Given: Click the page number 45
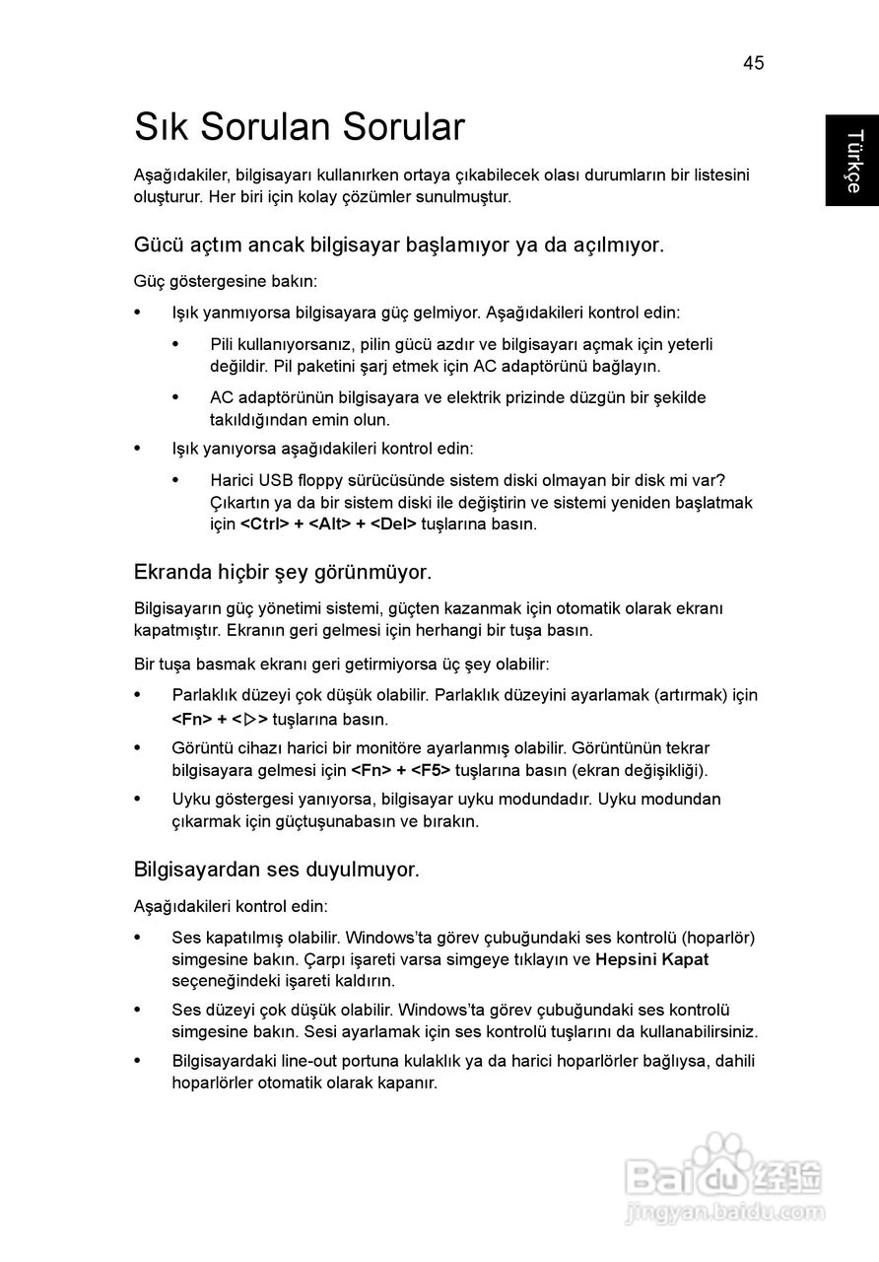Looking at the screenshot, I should (x=753, y=63).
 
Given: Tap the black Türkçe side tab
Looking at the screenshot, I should (x=851, y=160).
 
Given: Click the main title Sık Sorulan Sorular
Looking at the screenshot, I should (x=300, y=128).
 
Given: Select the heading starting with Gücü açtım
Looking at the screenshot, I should (x=399, y=245).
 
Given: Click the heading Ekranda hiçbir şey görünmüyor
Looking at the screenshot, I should (x=282, y=572).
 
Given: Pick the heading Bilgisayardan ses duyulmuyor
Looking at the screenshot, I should (x=277, y=870).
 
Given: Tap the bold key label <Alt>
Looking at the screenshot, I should (x=330, y=524).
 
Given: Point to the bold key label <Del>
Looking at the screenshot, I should (x=393, y=524).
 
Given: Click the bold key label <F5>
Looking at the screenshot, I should (x=431, y=770).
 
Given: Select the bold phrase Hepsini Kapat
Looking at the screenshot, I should (x=652, y=959).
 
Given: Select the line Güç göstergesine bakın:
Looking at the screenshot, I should (x=226, y=281).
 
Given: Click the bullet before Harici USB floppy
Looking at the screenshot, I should (x=176, y=481).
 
